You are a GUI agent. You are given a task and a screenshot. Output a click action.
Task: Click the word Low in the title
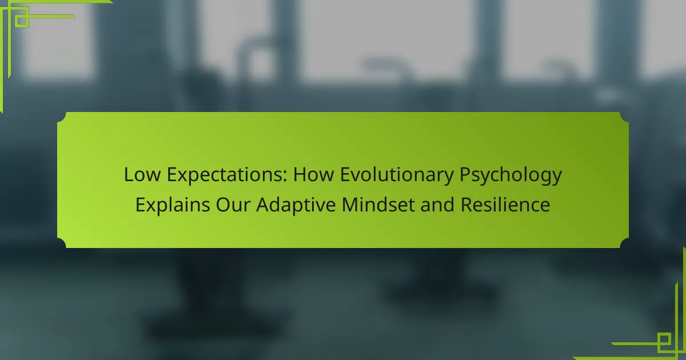142,175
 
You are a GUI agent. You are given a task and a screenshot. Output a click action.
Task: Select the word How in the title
313,175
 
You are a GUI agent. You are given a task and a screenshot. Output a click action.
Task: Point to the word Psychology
511,176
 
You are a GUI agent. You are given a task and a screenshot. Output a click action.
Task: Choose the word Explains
173,205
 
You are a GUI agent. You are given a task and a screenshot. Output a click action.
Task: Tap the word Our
233,205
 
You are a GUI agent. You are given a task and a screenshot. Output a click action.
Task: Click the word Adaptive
296,205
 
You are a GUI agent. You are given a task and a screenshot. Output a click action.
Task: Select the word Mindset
378,205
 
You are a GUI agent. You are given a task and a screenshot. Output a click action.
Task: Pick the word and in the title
437,205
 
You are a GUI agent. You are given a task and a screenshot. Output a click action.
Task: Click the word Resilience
505,205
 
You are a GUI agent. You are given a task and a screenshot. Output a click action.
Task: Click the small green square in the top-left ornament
22,21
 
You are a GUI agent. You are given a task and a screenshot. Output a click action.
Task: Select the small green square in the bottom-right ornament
664,339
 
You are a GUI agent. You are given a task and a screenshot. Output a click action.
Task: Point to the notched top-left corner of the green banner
62,117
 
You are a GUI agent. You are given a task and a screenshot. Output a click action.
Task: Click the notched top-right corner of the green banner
624,117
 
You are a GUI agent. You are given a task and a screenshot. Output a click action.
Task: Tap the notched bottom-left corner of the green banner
62,243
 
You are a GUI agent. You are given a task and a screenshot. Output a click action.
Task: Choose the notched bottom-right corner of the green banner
624,243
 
